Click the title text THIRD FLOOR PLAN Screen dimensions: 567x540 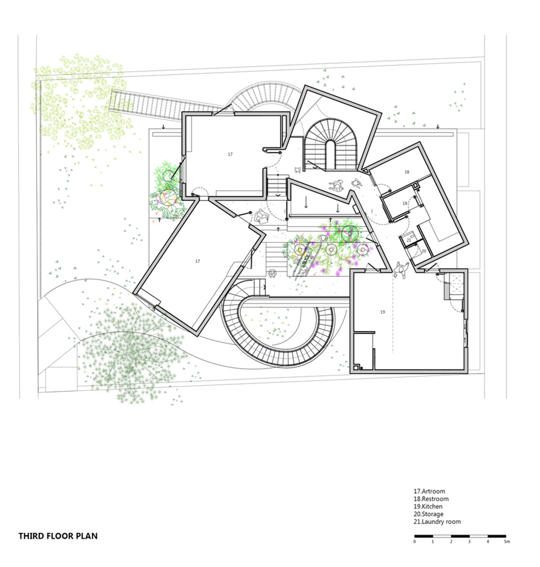(x=58, y=536)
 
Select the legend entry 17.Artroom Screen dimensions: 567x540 (x=429, y=491)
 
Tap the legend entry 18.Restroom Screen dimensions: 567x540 (x=431, y=499)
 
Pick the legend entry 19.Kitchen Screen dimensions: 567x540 (x=427, y=507)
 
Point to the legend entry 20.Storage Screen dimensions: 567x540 (x=428, y=514)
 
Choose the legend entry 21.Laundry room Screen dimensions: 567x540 (x=437, y=522)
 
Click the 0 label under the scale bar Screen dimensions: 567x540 (x=414, y=542)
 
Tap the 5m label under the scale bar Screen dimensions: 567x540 (x=507, y=542)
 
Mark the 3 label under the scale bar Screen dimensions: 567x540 (x=469, y=542)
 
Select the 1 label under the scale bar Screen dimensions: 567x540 (x=432, y=542)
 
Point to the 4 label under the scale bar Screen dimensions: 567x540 (x=488, y=542)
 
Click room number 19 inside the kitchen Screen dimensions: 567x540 (x=382, y=312)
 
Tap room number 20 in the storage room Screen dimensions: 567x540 (x=423, y=251)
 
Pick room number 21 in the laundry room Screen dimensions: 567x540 (x=409, y=240)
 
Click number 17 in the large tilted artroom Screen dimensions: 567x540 (x=198, y=261)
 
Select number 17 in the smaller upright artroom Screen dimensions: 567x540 (x=230, y=154)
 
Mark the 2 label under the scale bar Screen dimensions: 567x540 (x=451, y=542)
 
